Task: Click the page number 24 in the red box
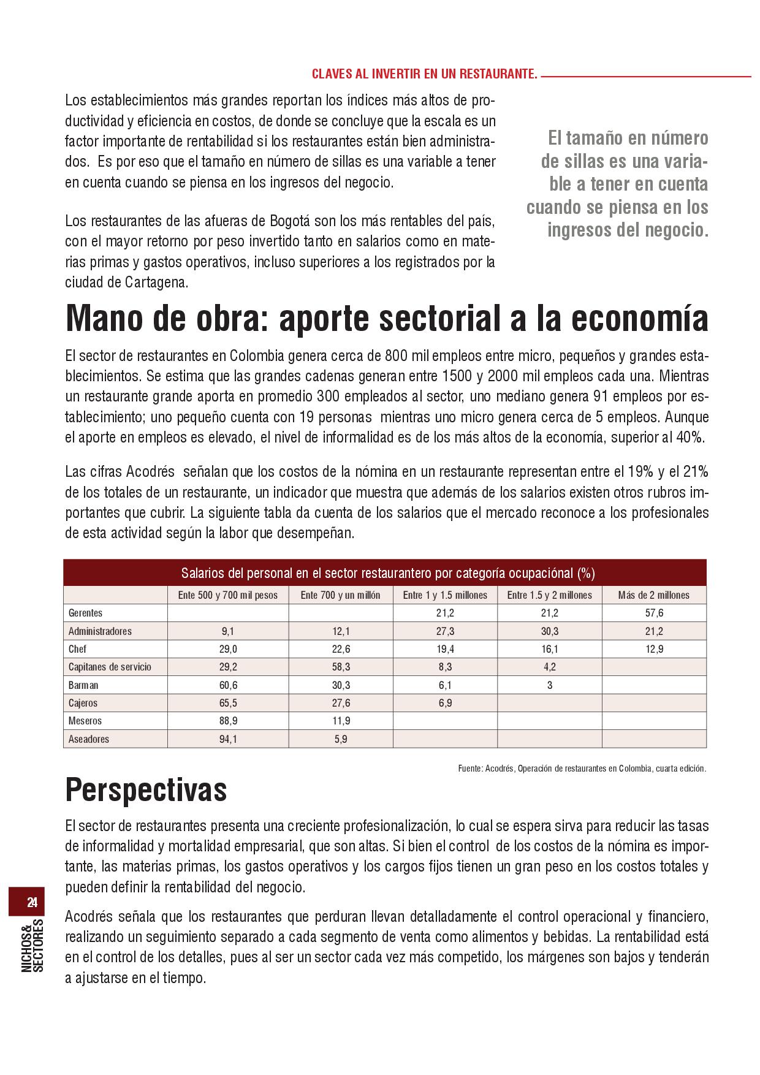point(32,902)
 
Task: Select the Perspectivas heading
point(146,790)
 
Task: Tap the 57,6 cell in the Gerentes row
point(654,613)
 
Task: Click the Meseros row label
point(85,721)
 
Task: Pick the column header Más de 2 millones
point(654,595)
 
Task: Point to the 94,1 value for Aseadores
point(228,739)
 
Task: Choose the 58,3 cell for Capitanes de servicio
point(341,667)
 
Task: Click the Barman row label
point(83,685)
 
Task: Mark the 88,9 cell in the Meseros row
point(228,721)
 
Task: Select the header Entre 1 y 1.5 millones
point(445,595)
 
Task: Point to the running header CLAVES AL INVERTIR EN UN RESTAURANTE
point(424,75)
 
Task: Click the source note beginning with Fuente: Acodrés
point(582,769)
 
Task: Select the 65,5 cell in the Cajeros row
point(228,703)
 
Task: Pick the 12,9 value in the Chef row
point(654,649)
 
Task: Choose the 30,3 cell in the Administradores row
point(549,631)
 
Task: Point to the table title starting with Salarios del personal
point(387,574)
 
